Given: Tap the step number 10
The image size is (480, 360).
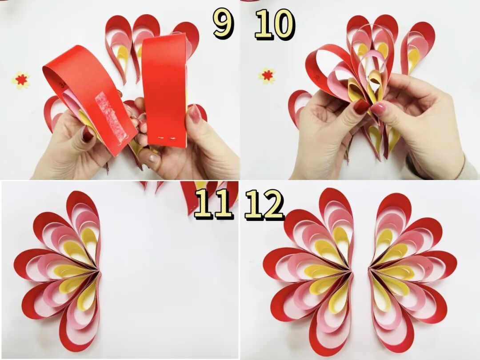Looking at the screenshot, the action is [x=275, y=24].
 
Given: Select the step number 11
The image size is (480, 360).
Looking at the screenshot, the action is [x=212, y=204].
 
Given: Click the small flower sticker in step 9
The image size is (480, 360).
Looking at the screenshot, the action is [x=21, y=80].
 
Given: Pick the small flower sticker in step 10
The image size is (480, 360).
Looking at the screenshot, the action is [x=267, y=76].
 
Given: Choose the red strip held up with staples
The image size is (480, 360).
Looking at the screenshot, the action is [x=165, y=90].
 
